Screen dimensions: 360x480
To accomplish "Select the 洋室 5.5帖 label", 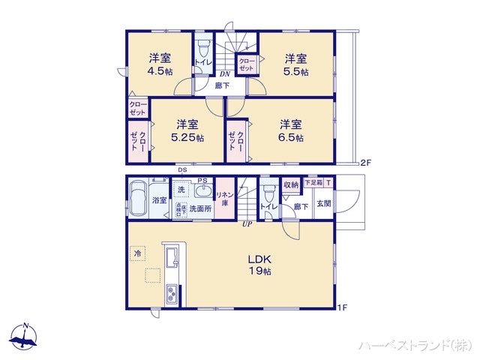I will [295, 65].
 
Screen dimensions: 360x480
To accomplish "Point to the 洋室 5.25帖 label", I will [187, 131].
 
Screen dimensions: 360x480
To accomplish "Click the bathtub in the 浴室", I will [137, 199].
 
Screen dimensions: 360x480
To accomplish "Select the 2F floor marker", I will [366, 162].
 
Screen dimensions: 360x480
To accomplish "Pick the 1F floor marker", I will [342, 307].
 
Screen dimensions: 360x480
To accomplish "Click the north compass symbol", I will [25, 338].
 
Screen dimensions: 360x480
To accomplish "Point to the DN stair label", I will [224, 73].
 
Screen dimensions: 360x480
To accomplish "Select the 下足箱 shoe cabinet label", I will [313, 182].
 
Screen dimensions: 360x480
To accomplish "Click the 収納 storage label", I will [291, 184].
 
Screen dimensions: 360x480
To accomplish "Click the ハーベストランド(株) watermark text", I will [415, 345].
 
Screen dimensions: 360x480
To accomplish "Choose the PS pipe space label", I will [202, 180].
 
